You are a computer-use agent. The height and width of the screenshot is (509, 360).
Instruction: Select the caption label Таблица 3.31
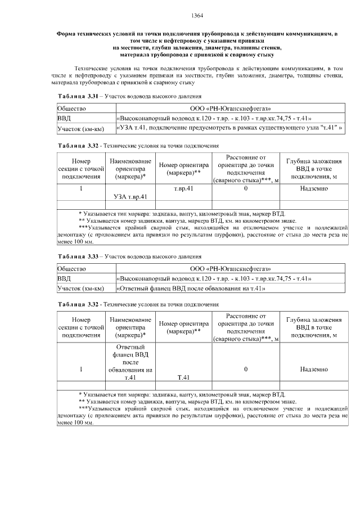tap(79, 97)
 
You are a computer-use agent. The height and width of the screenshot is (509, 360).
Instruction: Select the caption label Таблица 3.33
tap(79, 256)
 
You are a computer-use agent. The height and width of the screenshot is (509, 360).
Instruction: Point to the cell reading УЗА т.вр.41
tap(130, 197)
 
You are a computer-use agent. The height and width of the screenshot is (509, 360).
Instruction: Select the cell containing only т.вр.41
tap(184, 189)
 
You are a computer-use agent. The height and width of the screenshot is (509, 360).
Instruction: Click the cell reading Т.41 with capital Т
tap(184, 377)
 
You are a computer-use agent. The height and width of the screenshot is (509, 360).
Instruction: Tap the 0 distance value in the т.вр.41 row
tap(246, 189)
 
